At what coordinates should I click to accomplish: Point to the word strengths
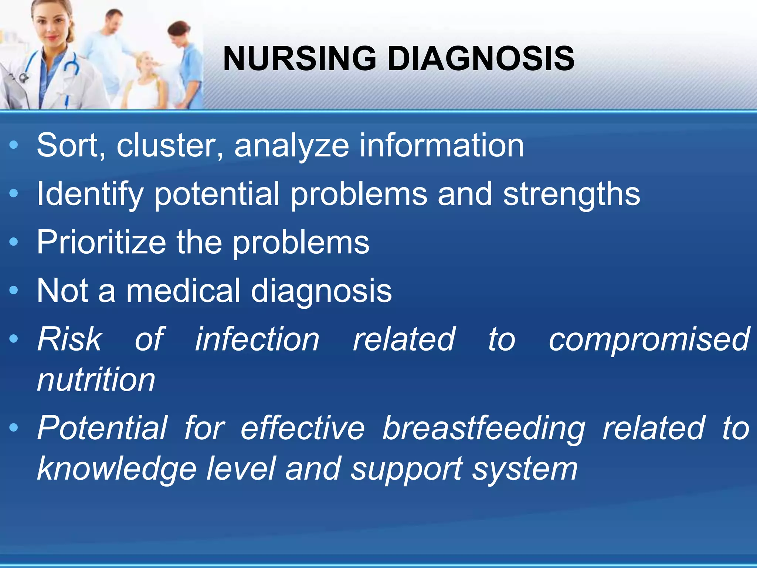[571, 195]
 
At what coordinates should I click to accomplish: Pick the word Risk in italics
[69, 339]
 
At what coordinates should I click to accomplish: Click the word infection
[257, 339]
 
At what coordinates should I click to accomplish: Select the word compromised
[649, 339]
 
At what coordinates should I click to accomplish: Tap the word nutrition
[96, 380]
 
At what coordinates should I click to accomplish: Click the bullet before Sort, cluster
[14, 145]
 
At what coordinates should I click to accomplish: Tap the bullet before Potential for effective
[14, 428]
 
